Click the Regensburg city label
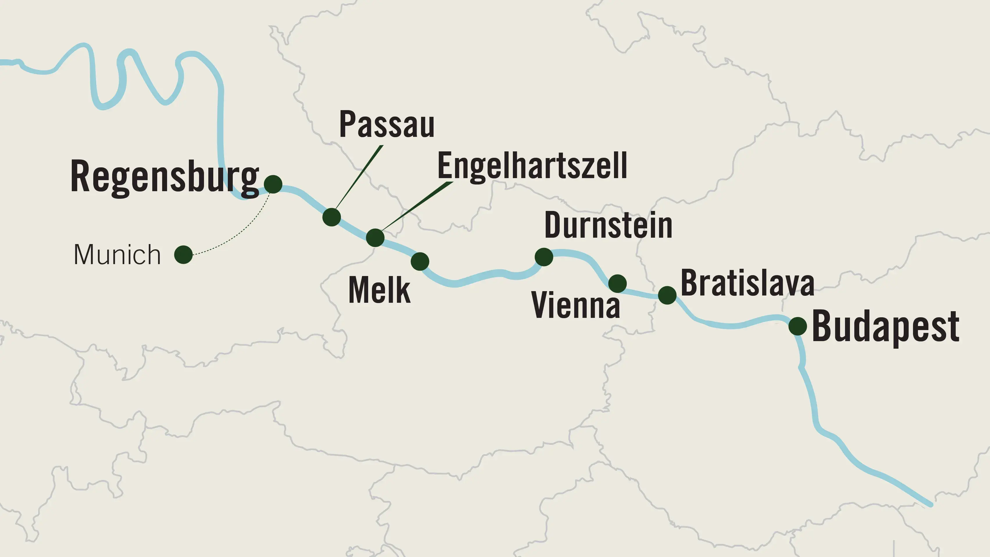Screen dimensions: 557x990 pyautogui.click(x=164, y=177)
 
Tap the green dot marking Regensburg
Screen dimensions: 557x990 pyautogui.click(x=273, y=184)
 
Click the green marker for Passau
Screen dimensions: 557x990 pyautogui.click(x=331, y=217)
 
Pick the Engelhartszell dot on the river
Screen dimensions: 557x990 pyautogui.click(x=375, y=238)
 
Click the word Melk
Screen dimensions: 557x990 pyautogui.click(x=379, y=290)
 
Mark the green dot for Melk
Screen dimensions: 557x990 pyautogui.click(x=420, y=262)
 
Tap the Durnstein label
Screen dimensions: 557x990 pyautogui.click(x=608, y=226)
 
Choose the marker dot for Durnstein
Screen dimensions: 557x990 pyautogui.click(x=544, y=257)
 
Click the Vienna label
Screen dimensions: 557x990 pyautogui.click(x=576, y=305)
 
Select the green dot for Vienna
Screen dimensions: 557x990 pyautogui.click(x=617, y=284)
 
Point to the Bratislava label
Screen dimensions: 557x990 pyautogui.click(x=747, y=283)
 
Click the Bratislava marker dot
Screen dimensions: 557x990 pyautogui.click(x=667, y=295)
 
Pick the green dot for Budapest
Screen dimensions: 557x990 pyautogui.click(x=797, y=326)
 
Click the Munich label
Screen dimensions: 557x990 pyautogui.click(x=117, y=255)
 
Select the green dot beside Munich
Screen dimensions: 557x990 pyautogui.click(x=183, y=255)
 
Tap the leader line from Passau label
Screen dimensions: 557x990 pyautogui.click(x=359, y=177)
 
